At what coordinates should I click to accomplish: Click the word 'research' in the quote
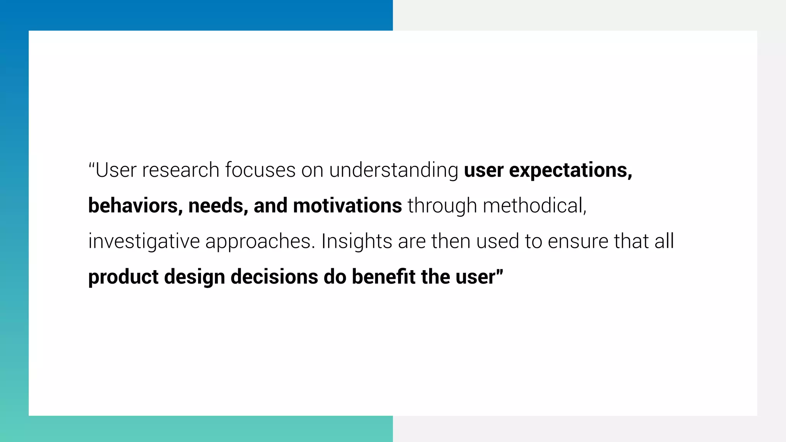coord(180,170)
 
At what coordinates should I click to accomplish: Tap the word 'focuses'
coord(260,170)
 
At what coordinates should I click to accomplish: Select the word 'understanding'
coord(393,170)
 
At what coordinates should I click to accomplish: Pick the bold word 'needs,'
coord(218,206)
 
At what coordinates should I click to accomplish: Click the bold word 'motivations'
coord(347,206)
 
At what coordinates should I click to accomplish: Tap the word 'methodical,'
coord(535,206)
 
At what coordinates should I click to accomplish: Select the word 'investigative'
coord(144,242)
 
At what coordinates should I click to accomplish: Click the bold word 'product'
coord(123,277)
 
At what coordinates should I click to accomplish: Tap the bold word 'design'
coord(194,277)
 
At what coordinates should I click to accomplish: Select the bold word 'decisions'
coord(274,277)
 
